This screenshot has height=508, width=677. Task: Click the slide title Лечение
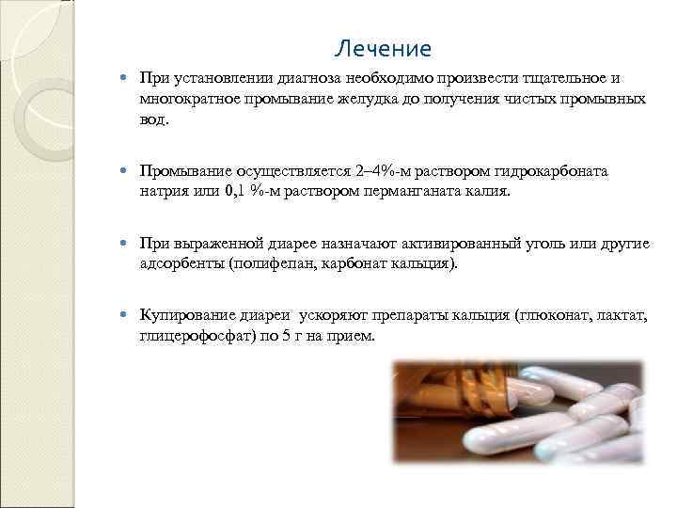[383, 49]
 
